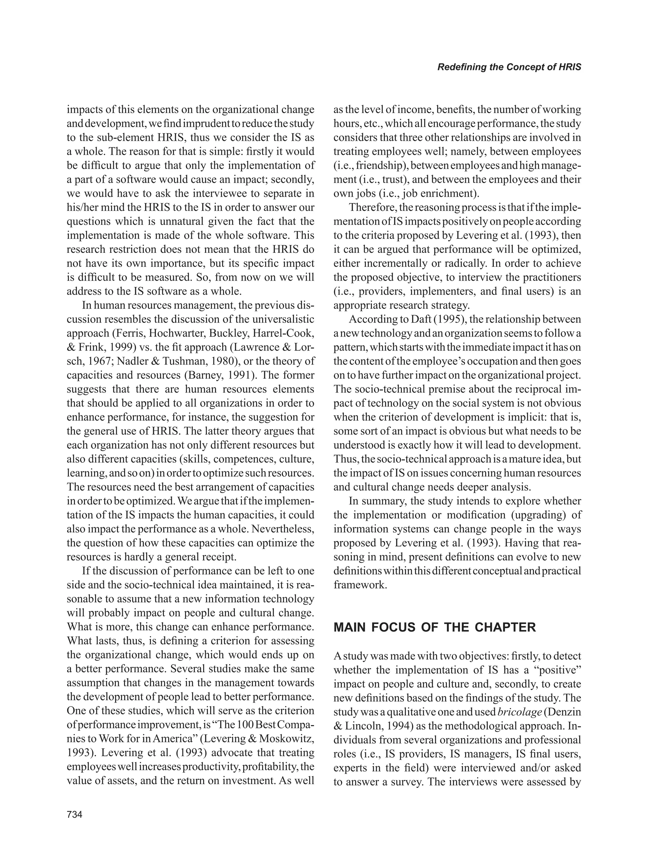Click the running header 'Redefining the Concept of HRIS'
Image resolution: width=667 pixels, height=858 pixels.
point(509,67)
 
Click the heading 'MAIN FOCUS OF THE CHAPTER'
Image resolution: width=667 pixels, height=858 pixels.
point(434,627)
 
